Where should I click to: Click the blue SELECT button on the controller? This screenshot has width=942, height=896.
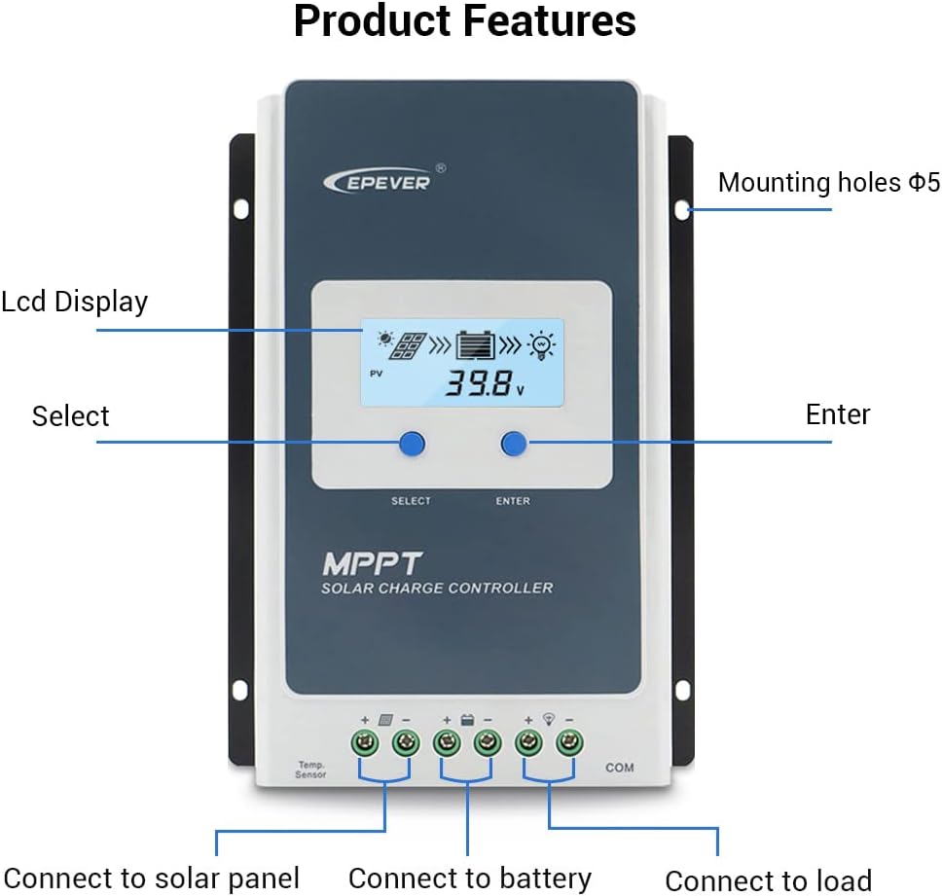tap(412, 445)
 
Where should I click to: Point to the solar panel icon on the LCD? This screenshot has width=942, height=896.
tap(408, 345)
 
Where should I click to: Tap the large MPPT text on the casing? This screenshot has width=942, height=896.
tap(372, 563)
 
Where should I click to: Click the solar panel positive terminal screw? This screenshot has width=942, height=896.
tap(365, 745)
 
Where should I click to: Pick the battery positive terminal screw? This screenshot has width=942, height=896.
tap(447, 745)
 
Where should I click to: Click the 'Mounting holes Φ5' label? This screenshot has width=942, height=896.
tap(829, 182)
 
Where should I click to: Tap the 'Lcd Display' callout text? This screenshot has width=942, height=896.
tap(74, 302)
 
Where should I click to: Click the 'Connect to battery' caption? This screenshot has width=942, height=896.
tap(469, 878)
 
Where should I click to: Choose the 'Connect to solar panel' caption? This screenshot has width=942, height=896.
tap(151, 878)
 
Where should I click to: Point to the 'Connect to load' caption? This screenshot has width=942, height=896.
tap(768, 880)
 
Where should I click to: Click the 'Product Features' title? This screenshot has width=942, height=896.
tap(465, 21)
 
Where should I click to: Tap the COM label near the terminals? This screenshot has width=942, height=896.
tap(619, 768)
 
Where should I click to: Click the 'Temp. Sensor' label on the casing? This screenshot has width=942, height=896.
tap(310, 770)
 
